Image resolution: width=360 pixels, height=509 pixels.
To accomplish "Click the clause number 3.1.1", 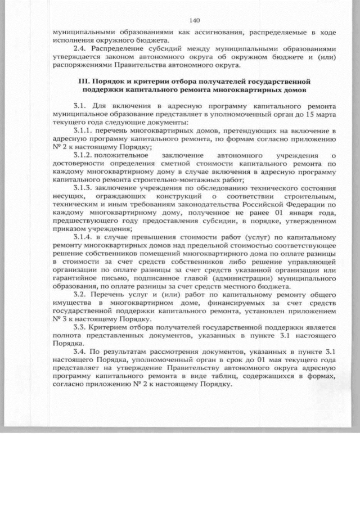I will point(83,130).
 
